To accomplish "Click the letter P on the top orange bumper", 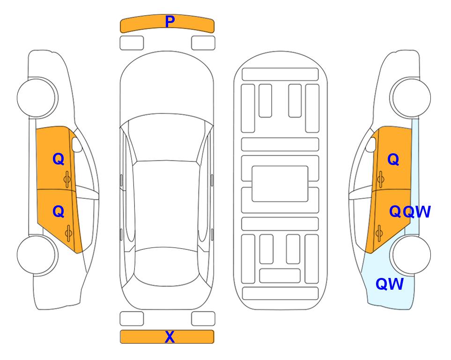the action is pos(170,22).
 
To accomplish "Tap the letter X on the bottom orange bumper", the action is pos(170,337).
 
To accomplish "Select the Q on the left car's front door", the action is pos(59,159).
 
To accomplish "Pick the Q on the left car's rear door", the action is pos(59,212).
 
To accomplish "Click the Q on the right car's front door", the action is pos(393,159).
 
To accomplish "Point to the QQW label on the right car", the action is pos(410,212).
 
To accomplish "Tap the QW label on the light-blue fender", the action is pos(390,284).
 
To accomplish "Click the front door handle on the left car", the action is pos(67,179).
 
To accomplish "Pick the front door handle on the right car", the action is pos(380,179).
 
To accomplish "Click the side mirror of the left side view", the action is pos(77,144).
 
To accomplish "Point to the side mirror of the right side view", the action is pos(371,144).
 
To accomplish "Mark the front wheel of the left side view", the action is pos(37,97).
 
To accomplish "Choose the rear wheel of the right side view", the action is pos(410,255).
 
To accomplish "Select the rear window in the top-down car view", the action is pos(167,266).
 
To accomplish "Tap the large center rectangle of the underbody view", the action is pos(280,184).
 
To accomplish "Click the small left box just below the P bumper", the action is pos(132,43).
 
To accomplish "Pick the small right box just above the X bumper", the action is pos(203,319).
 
